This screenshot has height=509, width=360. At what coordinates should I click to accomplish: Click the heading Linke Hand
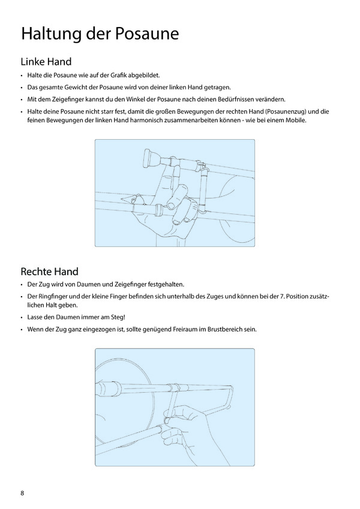(x=46, y=61)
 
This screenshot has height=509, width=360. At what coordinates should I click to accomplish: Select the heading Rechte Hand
(x=49, y=272)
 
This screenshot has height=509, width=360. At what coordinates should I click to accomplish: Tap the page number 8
(x=23, y=493)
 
